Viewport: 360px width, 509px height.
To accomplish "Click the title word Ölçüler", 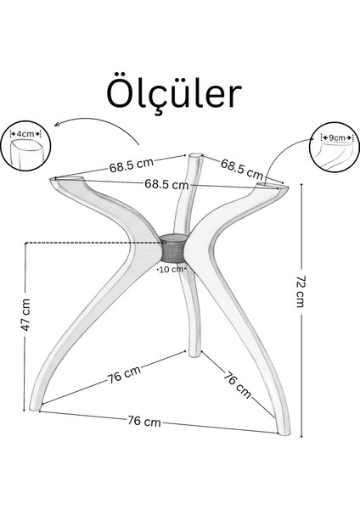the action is point(174,94).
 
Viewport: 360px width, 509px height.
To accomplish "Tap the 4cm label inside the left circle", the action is point(25,133).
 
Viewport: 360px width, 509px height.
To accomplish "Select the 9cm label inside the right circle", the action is point(337,137).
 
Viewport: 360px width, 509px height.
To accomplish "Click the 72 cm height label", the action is point(301,292).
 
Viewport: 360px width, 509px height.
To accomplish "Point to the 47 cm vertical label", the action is point(25,315).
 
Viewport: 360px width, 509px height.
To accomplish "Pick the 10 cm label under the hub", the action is point(172,269).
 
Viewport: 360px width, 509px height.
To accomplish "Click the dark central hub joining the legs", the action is point(173,248).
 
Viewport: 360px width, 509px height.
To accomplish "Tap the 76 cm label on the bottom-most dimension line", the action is point(144,421).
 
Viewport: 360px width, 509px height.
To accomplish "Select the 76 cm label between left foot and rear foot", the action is point(124,374).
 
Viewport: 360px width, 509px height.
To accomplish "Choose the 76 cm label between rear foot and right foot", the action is point(238,384).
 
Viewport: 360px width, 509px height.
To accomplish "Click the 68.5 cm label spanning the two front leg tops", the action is point(166,184).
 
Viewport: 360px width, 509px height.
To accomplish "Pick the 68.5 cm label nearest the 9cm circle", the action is point(242,169).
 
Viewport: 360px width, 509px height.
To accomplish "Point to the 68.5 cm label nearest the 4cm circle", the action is point(132,165).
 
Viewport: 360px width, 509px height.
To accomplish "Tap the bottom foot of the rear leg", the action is point(194,353).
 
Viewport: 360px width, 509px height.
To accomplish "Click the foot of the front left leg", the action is point(36,406).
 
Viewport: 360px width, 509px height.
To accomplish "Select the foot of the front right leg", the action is point(284,431).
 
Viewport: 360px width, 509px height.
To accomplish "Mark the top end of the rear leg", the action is point(194,156).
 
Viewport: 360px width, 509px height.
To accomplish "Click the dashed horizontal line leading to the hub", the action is point(94,243).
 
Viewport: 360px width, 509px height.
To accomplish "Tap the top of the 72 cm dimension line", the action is point(302,184).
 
